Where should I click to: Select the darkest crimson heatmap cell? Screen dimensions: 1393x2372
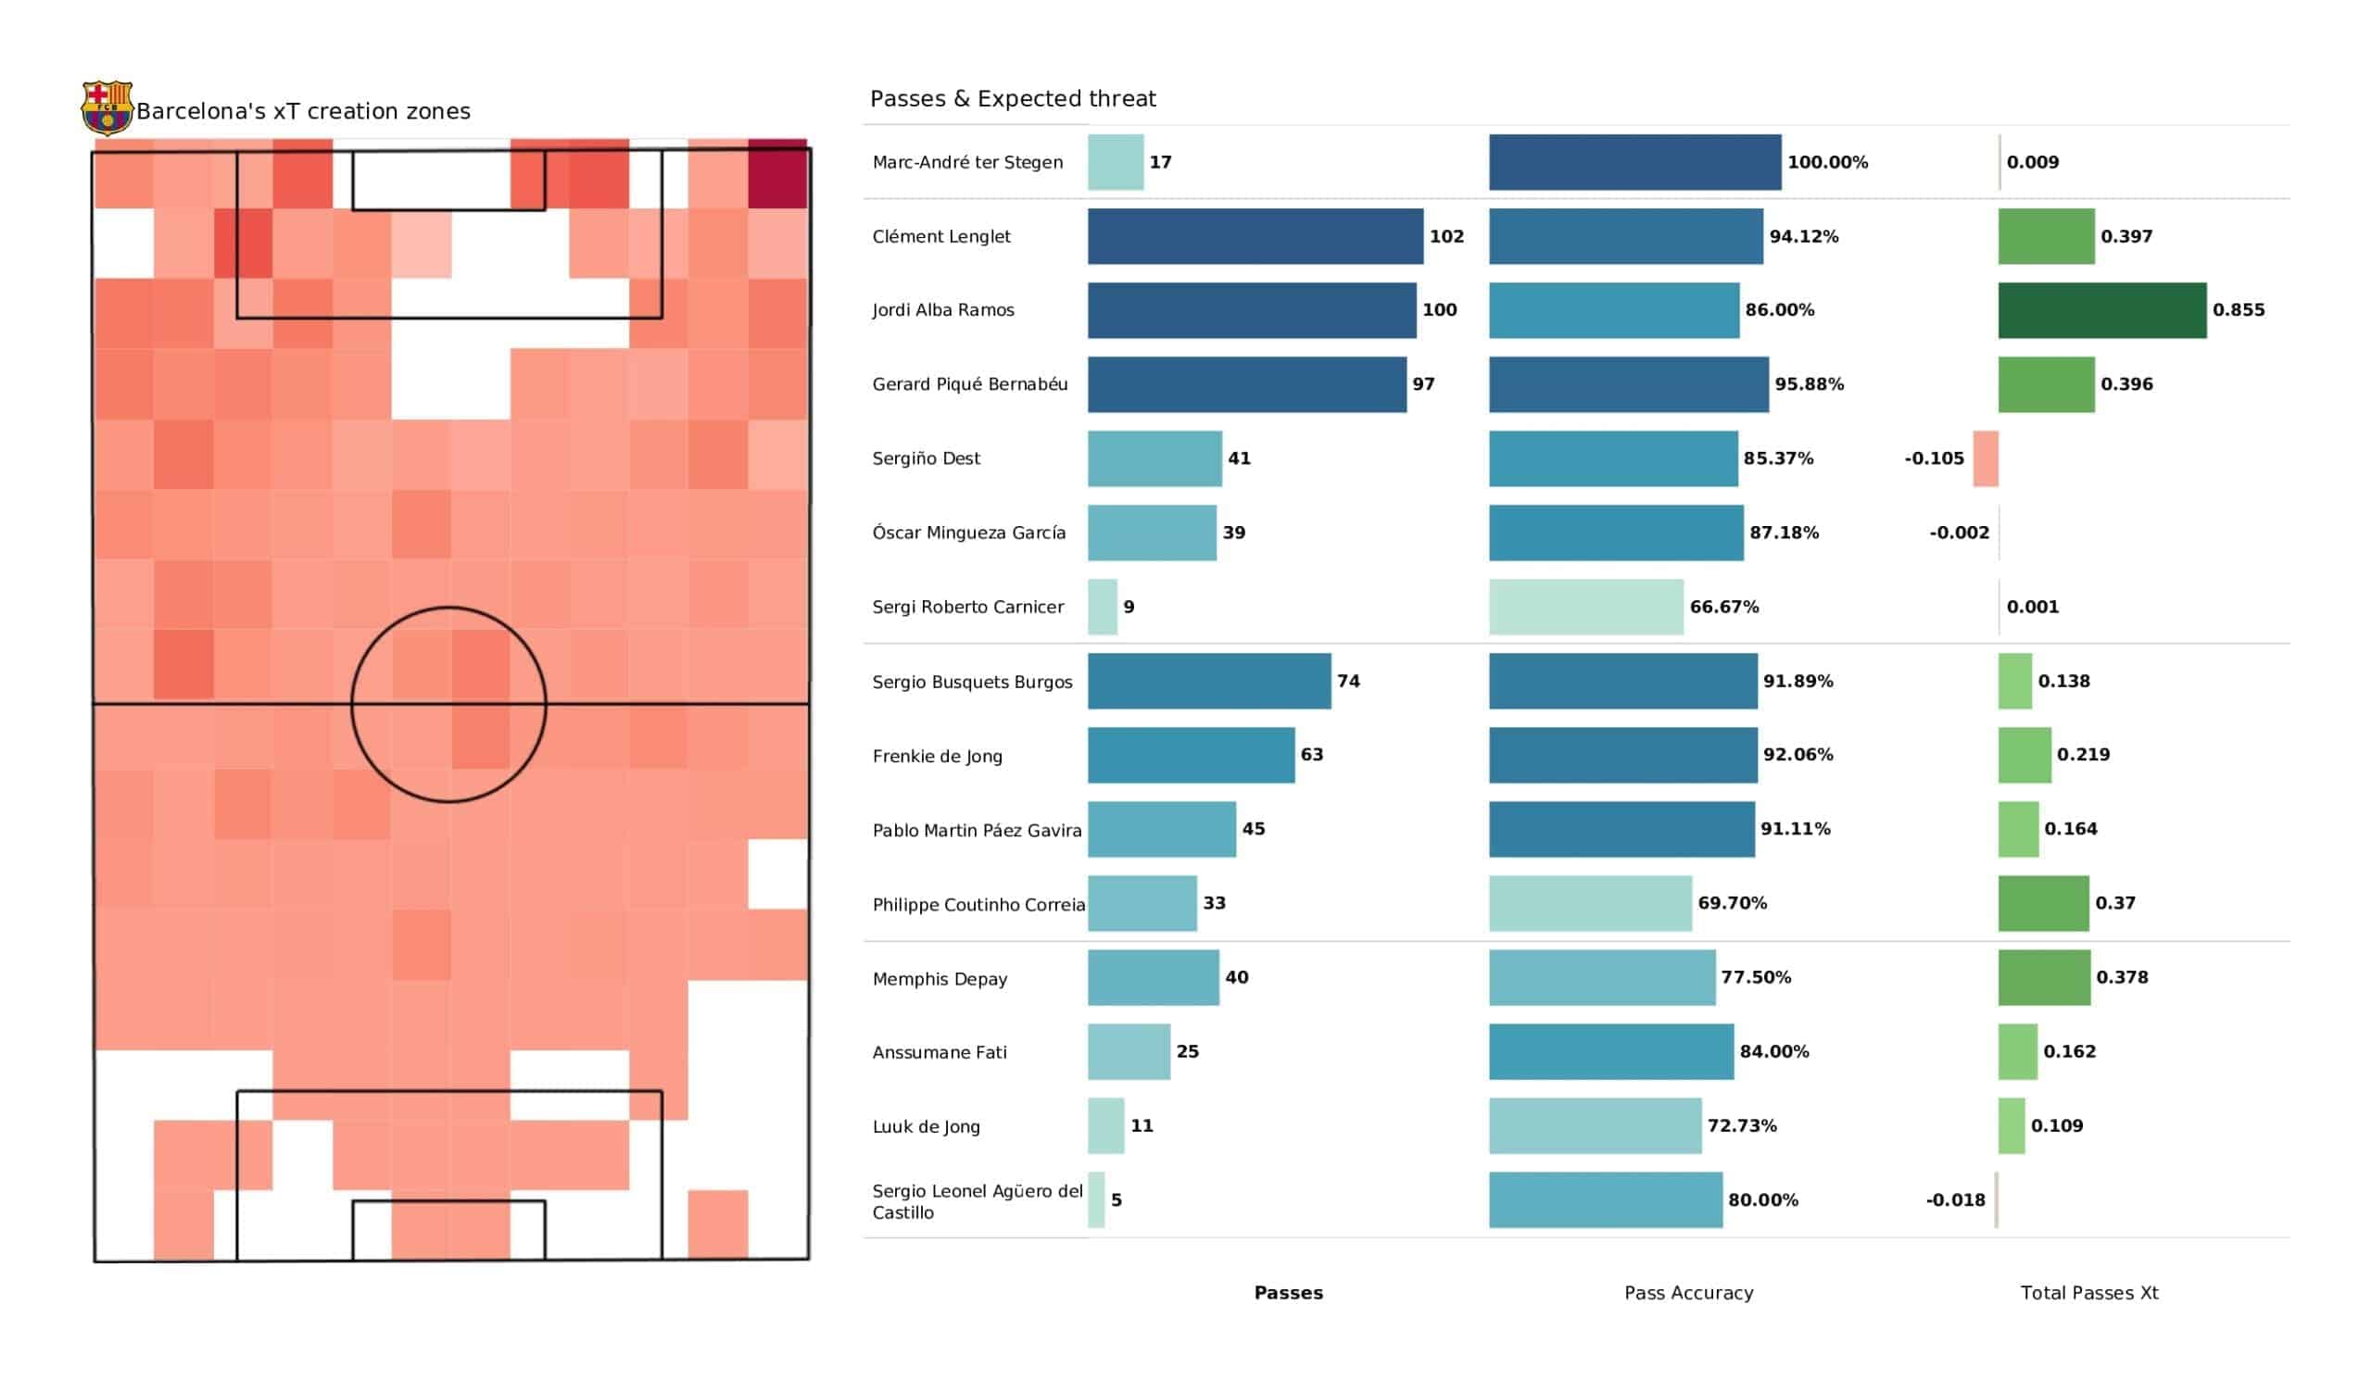coord(777,174)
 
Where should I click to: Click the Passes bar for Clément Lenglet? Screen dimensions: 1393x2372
coord(1255,236)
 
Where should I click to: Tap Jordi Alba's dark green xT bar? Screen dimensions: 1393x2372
coord(2101,309)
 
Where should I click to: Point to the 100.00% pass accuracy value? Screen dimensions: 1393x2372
coord(1827,162)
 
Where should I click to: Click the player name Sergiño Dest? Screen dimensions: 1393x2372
coord(926,458)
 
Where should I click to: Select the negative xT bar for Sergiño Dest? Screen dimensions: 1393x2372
coord(1985,458)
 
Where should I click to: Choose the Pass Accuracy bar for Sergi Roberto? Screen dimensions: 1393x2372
coord(1585,607)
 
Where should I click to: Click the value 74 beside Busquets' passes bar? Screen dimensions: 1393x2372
coord(1348,681)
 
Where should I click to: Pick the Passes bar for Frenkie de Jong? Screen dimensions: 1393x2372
coord(1191,755)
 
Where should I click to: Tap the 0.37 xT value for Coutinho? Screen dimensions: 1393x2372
coord(2115,903)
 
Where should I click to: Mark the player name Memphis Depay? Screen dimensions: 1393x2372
coord(940,979)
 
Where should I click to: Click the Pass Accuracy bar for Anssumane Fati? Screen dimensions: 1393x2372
coord(1610,1051)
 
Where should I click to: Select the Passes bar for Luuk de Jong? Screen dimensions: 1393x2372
coord(1106,1125)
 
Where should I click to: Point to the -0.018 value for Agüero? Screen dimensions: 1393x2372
coord(1955,1200)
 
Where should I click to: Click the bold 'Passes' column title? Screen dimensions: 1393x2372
coord(1288,1292)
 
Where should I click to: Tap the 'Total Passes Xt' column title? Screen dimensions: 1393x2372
coord(2088,1292)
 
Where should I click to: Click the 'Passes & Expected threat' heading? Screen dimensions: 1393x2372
coord(1013,98)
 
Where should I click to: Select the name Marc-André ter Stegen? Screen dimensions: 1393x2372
coord(966,162)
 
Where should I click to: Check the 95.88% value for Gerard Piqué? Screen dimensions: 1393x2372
coord(1808,384)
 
